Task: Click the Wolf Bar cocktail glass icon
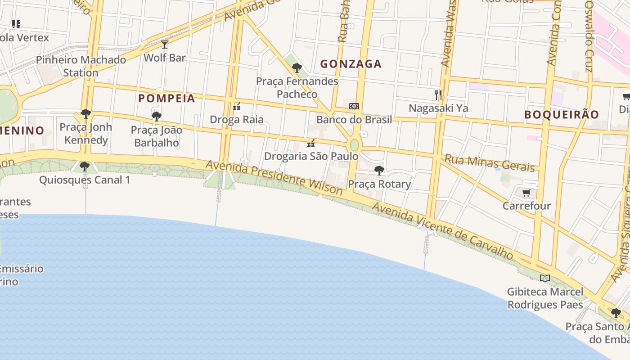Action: [165, 44]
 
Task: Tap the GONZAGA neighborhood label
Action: [351, 64]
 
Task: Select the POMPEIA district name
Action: [166, 98]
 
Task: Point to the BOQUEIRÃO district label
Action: [562, 114]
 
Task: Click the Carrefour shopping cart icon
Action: [526, 193]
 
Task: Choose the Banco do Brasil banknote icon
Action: [354, 106]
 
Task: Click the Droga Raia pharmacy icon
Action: [237, 107]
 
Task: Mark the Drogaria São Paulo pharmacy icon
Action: [311, 144]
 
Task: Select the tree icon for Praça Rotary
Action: [379, 171]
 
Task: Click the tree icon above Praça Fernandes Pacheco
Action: [297, 68]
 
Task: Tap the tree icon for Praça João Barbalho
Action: [156, 117]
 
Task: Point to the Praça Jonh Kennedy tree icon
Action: [85, 114]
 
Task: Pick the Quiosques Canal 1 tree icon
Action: [84, 166]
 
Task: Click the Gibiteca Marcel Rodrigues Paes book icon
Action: [545, 278]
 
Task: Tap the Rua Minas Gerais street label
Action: [489, 162]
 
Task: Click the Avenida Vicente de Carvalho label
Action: [443, 230]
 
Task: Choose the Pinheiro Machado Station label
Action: [81, 66]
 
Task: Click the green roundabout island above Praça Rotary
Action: [355, 145]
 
